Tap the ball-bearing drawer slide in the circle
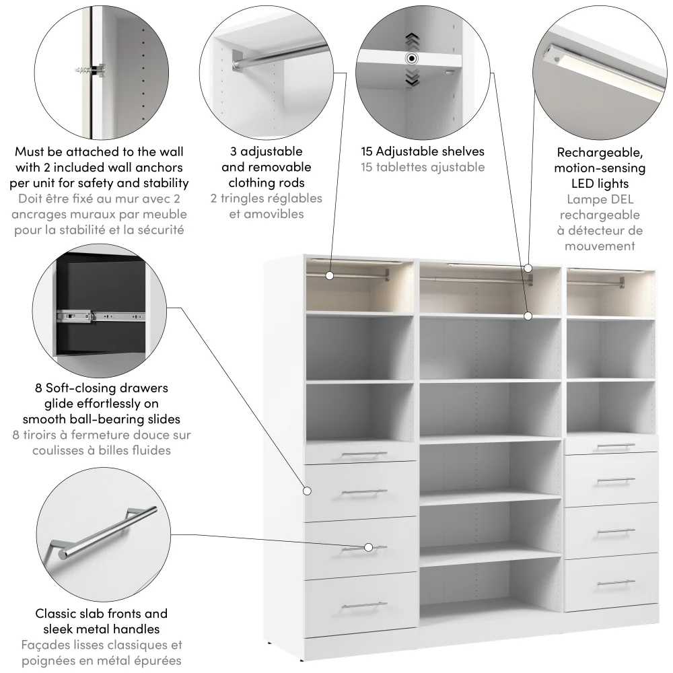[x=101, y=314]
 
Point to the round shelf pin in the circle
[x=411, y=59]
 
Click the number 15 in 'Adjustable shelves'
[x=367, y=151]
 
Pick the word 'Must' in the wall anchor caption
[x=30, y=152]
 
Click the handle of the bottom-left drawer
[x=364, y=606]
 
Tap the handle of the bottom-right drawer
[x=615, y=582]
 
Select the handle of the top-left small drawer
[x=364, y=455]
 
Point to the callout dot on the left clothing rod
[x=330, y=275]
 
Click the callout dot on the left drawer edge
[x=308, y=491]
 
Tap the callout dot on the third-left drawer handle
[x=369, y=547]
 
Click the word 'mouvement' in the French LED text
[x=599, y=246]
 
